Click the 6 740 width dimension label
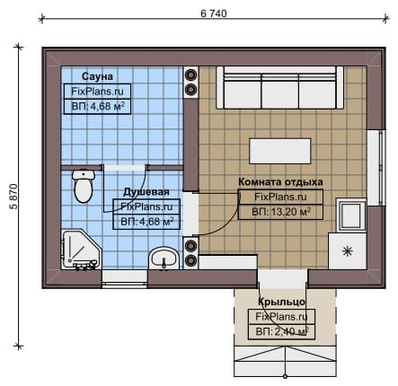pyautogui.click(x=214, y=13)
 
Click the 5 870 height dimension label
pyautogui.click(x=13, y=197)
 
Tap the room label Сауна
pyautogui.click(x=97, y=76)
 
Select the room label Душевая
pyautogui.click(x=146, y=192)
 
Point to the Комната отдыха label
pyautogui.click(x=280, y=182)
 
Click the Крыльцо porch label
pyautogui.click(x=281, y=302)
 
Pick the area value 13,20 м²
pyautogui.click(x=281, y=212)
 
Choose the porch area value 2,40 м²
pyautogui.click(x=282, y=331)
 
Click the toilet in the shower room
pyautogui.click(x=84, y=186)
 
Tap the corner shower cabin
pyautogui.click(x=81, y=250)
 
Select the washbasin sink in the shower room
pyautogui.click(x=164, y=259)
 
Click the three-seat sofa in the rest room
pyautogui.click(x=279, y=88)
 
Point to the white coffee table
pyautogui.click(x=280, y=151)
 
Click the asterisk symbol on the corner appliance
pyautogui.click(x=348, y=250)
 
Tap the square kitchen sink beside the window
pyautogui.click(x=351, y=215)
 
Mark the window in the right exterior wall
pyautogui.click(x=376, y=168)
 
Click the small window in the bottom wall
pyautogui.click(x=125, y=279)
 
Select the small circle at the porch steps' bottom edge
pyautogui.click(x=285, y=376)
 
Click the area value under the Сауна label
pyautogui.click(x=98, y=107)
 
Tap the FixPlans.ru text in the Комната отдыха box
pyautogui.click(x=280, y=197)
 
